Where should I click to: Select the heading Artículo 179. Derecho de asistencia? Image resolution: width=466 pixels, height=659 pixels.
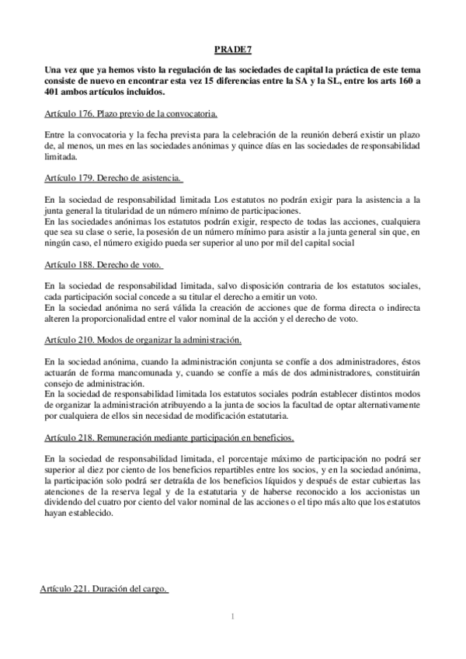tap(114, 177)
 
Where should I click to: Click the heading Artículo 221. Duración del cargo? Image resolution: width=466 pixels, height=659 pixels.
tap(104, 590)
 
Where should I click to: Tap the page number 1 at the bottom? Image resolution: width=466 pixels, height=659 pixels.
tap(232, 617)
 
